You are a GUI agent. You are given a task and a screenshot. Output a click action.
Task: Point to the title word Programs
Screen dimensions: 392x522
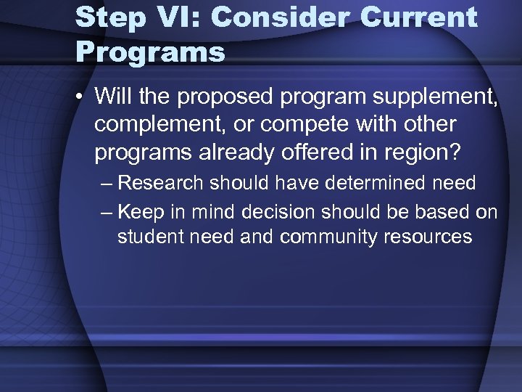click(x=150, y=52)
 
